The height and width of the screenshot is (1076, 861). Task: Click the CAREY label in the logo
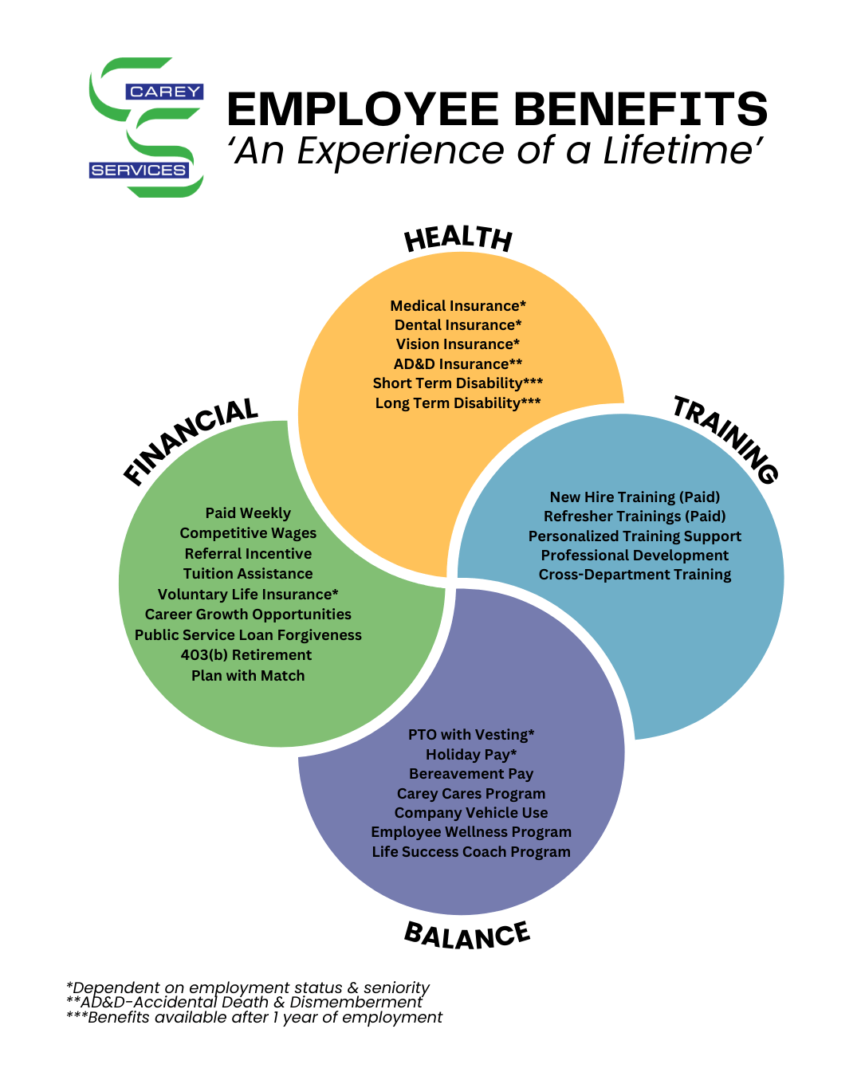[164, 92]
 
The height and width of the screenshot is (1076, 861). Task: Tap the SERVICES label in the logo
[138, 170]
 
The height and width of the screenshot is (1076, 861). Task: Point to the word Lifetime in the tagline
[682, 151]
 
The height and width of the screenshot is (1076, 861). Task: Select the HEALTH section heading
[458, 238]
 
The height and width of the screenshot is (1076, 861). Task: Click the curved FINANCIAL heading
[191, 440]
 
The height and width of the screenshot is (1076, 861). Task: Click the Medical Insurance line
[458, 306]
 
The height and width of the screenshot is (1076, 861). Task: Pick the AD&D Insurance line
[458, 364]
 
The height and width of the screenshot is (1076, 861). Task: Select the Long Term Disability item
[458, 403]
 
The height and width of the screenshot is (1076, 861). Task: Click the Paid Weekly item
[248, 513]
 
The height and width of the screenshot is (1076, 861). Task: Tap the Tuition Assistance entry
[248, 574]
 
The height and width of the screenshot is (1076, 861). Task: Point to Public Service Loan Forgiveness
[248, 635]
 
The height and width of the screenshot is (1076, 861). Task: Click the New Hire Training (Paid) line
[635, 497]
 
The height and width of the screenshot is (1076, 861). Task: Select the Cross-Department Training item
[635, 575]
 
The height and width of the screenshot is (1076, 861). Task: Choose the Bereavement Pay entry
[471, 774]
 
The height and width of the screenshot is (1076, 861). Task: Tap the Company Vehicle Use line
[471, 813]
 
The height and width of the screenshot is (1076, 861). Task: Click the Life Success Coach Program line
[471, 852]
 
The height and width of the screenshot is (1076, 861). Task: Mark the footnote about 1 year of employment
[254, 1018]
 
